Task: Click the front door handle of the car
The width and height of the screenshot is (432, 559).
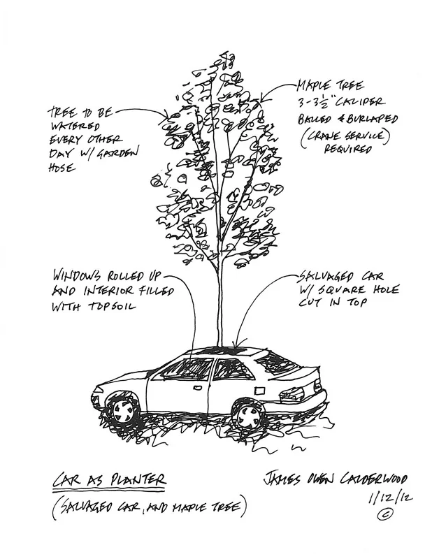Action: coord(196,388)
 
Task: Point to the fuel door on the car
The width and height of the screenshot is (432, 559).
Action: coord(260,391)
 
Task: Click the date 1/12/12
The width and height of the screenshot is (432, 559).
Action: coord(390,497)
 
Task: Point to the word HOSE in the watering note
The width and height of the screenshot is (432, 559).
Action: coord(62,167)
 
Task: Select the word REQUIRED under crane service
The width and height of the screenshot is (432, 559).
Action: coord(348,149)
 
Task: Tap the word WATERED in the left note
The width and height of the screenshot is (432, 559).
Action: coord(75,126)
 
